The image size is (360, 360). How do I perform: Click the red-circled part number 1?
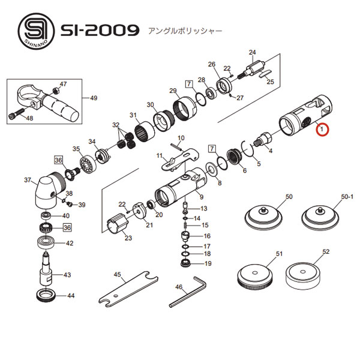tap(322, 129)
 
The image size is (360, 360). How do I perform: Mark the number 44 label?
tap(70, 296)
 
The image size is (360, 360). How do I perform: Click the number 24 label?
tap(252, 52)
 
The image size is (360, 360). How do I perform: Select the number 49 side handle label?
tap(93, 98)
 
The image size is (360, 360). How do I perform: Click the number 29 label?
tap(172, 91)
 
